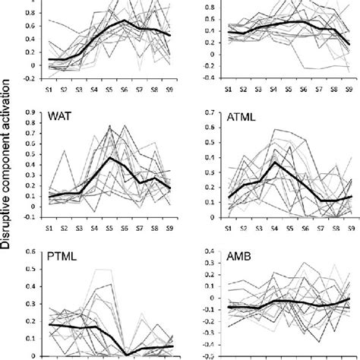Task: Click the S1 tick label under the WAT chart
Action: (51, 227)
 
